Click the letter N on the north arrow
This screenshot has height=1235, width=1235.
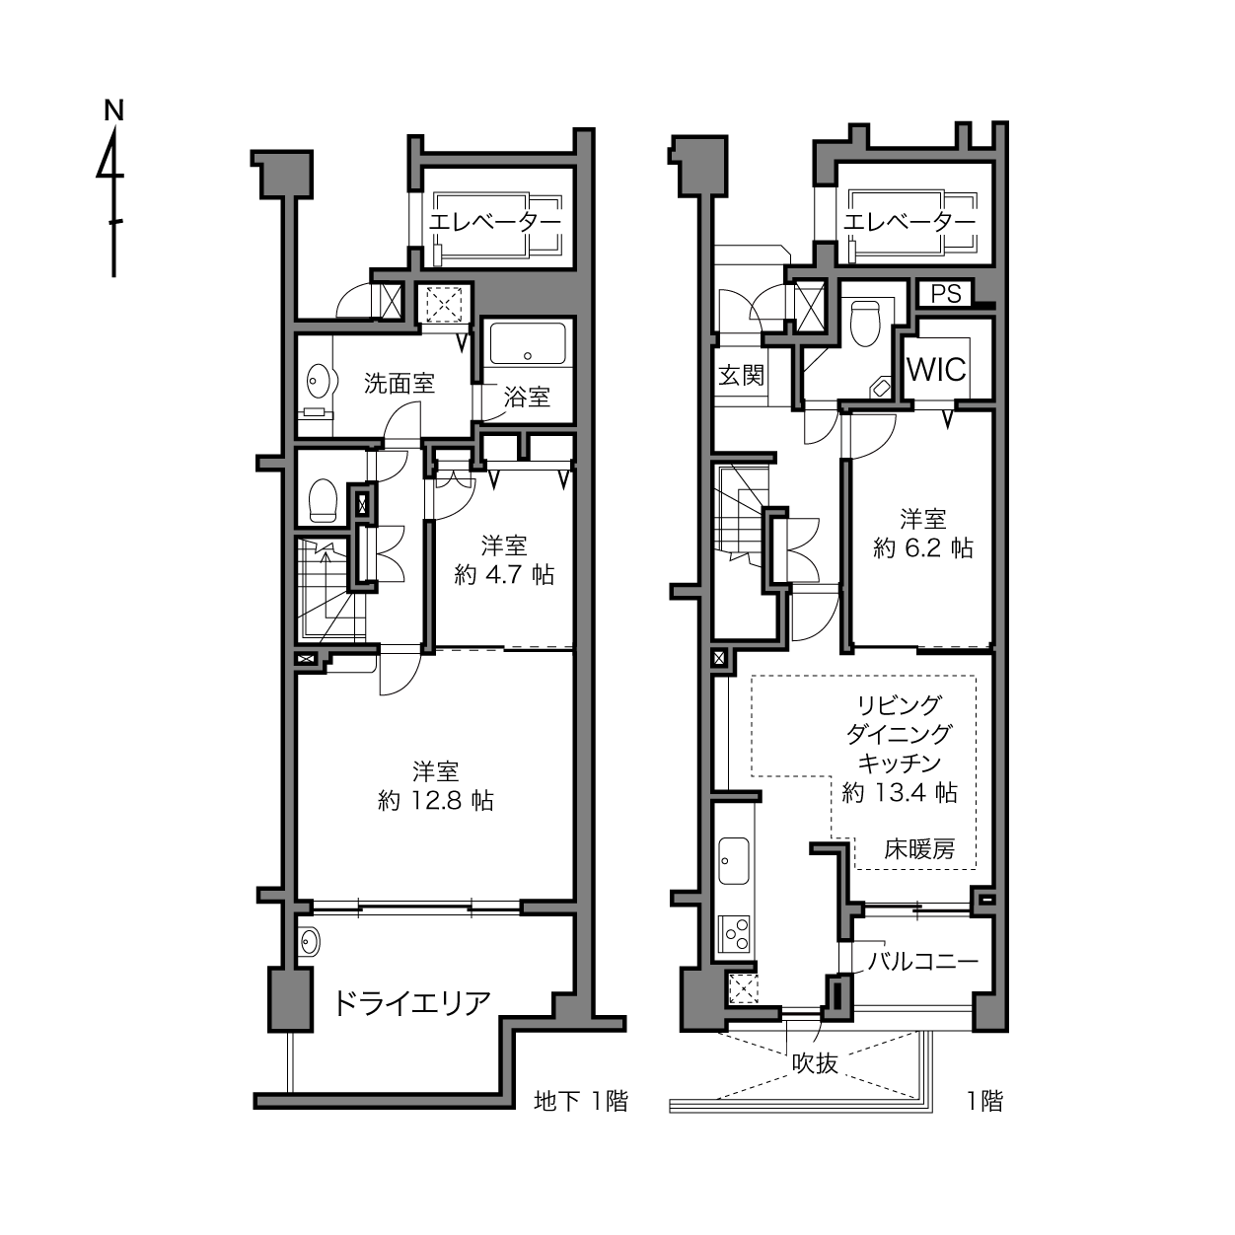point(114,110)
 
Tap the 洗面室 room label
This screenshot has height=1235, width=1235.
point(400,384)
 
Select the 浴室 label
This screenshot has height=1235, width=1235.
point(527,398)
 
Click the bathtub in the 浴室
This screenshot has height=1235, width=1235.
point(528,343)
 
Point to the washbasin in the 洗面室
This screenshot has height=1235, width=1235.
point(318,382)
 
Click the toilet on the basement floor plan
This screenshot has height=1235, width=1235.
point(323,500)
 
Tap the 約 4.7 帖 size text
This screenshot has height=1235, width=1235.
point(504,575)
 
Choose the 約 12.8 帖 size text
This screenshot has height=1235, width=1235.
point(436,800)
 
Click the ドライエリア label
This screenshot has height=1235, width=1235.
point(412,1003)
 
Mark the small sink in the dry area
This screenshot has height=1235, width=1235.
point(309,942)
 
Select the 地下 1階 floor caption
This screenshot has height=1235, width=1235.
point(581,1101)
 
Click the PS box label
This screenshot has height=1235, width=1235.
point(946,294)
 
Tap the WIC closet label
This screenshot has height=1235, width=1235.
point(937,370)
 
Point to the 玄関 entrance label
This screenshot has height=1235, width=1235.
point(742,376)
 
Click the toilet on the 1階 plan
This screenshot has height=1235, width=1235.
point(865,324)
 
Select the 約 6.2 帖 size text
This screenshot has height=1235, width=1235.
point(923,548)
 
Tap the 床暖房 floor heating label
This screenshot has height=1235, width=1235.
point(919,849)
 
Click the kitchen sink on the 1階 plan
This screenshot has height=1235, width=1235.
point(734,861)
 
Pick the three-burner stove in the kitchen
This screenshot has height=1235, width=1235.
point(735,934)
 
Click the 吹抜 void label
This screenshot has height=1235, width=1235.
point(815,1064)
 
